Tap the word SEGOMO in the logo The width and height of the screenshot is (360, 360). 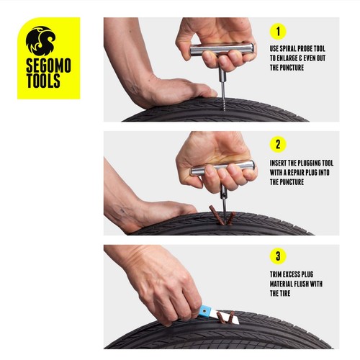tap(48, 66)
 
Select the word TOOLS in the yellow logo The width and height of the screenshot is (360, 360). tap(43, 81)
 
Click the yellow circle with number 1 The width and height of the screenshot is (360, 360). tap(278, 32)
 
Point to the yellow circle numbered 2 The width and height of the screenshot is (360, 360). tap(278, 145)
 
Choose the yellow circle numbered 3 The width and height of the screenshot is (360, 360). tap(278, 256)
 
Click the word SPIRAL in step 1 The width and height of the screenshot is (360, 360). tap(287, 49)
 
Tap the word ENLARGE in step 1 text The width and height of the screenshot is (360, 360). tap(288, 58)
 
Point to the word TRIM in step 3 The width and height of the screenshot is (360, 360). tap(276, 274)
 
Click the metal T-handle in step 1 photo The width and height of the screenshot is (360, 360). tap(222, 49)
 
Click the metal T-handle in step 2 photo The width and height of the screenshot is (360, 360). tap(222, 167)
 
